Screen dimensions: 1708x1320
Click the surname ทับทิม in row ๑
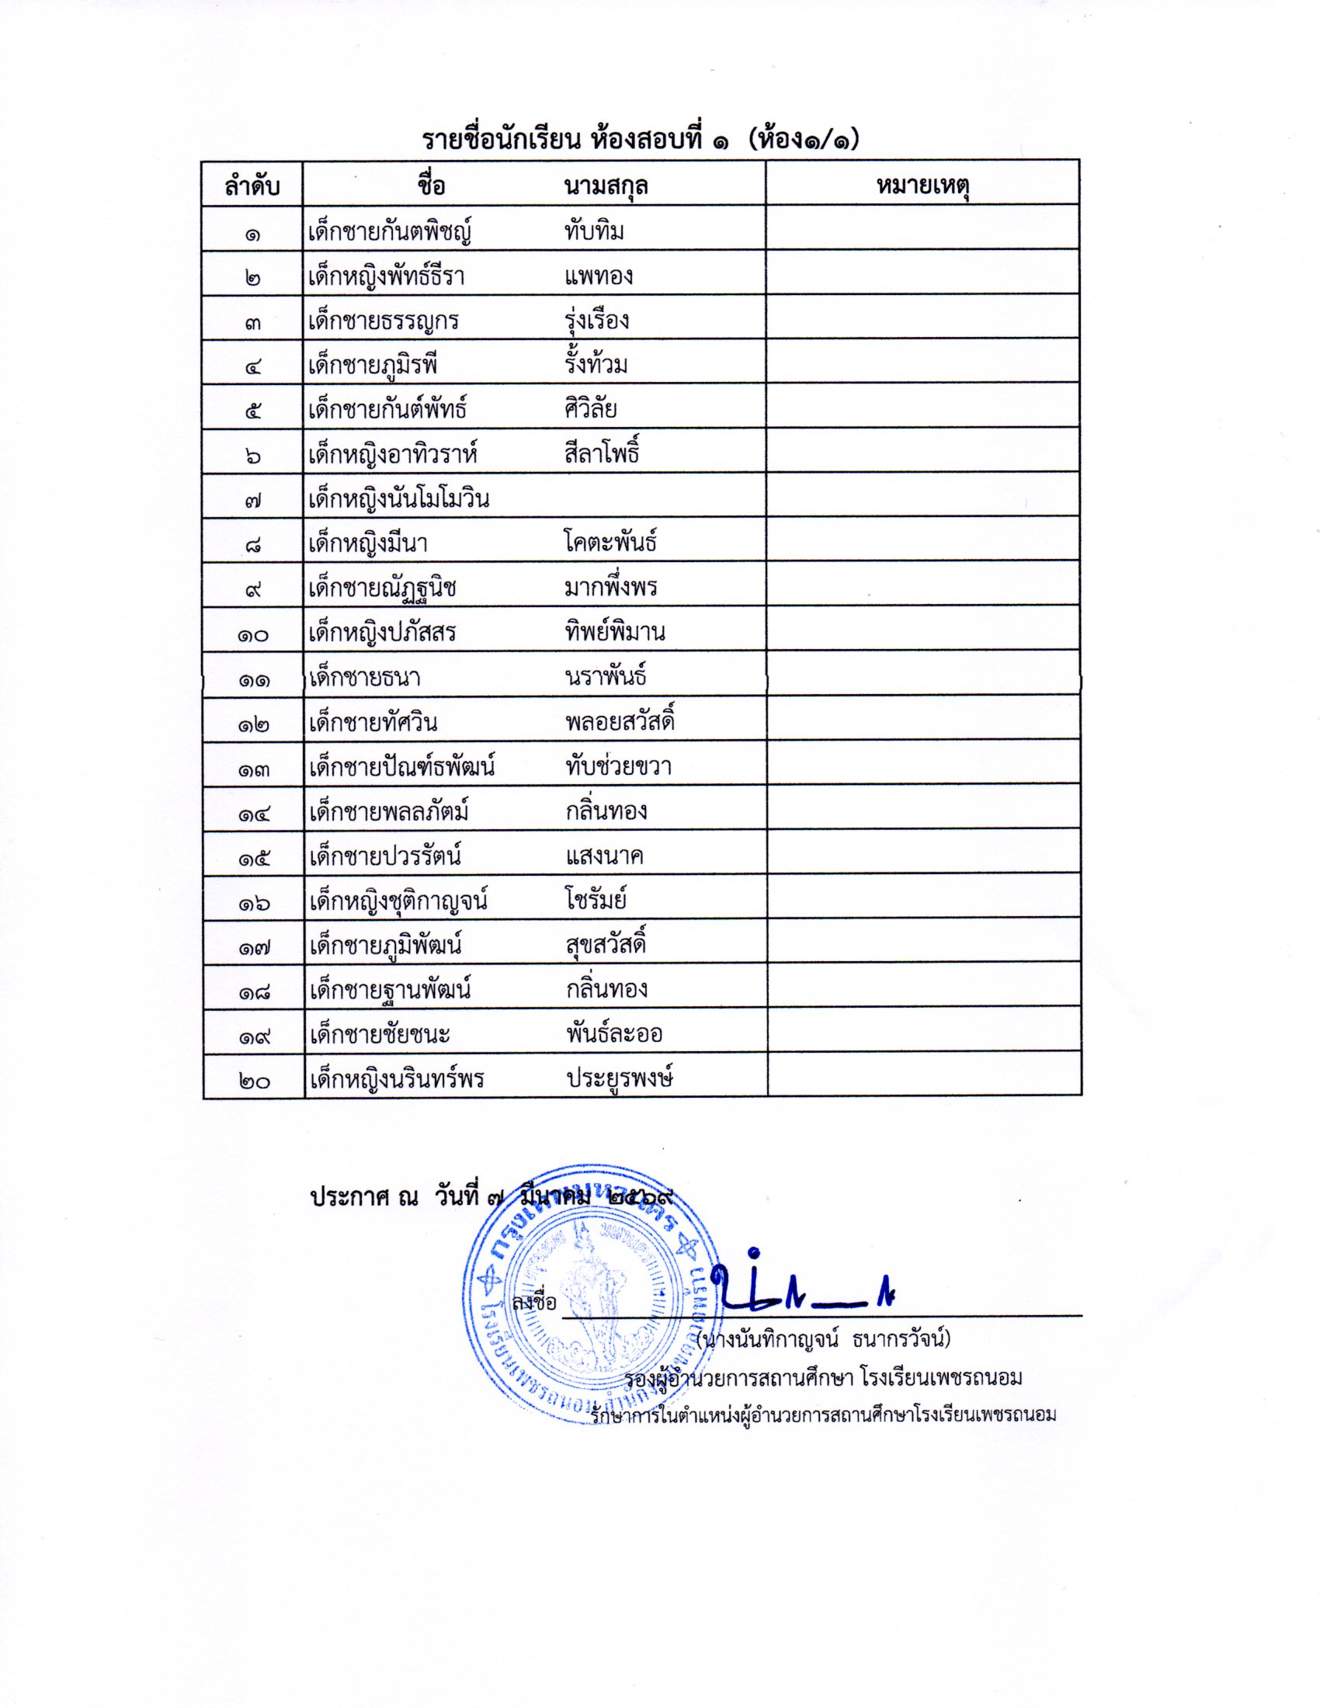pyautogui.click(x=593, y=231)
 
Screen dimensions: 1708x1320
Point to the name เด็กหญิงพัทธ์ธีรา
pyautogui.click(x=387, y=277)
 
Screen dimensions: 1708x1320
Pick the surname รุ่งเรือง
pyautogui.click(x=596, y=321)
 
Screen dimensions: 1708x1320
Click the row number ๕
pyautogui.click(x=252, y=411)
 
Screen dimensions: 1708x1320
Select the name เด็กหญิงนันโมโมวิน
pyautogui.click(x=398, y=499)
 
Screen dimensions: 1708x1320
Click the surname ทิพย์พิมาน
pyautogui.click(x=615, y=632)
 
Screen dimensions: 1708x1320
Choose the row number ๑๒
pyautogui.click(x=253, y=724)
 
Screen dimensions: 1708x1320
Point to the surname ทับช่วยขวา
pyautogui.click(x=618, y=766)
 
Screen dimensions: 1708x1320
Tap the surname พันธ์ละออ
pyautogui.click(x=614, y=1035)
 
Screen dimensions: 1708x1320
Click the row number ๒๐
pyautogui.click(x=253, y=1081)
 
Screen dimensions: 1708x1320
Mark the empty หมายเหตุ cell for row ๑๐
pyautogui.click(x=922, y=630)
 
